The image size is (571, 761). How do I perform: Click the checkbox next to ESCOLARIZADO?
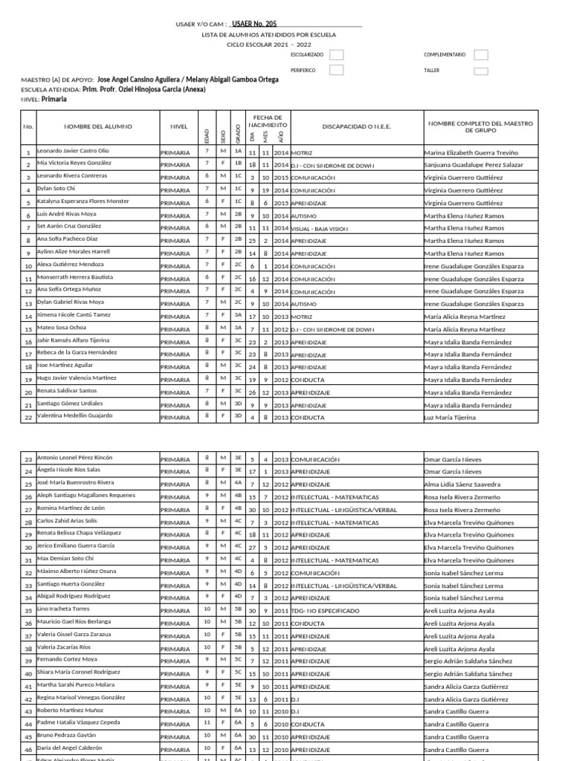pos(337,55)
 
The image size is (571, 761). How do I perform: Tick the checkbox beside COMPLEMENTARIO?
pos(480,55)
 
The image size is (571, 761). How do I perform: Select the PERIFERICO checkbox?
pos(337,70)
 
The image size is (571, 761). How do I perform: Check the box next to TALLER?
pos(480,71)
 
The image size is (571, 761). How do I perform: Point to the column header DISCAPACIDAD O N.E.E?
pos(356,126)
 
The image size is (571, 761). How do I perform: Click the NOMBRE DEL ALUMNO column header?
pos(92,126)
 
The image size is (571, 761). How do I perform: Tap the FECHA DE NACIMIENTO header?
pos(268,122)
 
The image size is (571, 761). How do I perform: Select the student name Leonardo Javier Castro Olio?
pos(73,151)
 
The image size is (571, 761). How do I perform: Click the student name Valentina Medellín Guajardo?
pos(77,417)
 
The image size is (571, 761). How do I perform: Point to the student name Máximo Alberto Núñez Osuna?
pos(77,572)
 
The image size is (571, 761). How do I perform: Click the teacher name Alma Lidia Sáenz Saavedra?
pos(462,484)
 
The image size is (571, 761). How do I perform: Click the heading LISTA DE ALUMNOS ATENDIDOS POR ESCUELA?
pos(269,34)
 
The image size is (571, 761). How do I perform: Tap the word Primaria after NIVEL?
pos(54,99)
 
